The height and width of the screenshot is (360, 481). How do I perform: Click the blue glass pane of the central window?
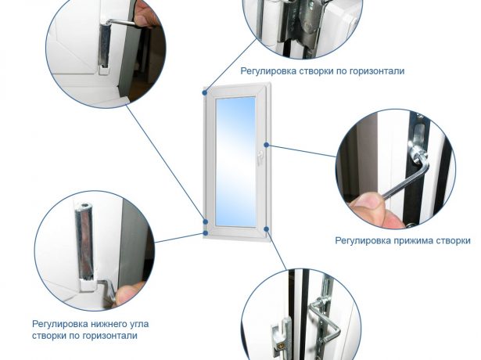coord(235,162)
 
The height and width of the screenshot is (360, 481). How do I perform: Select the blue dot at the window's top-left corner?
coord(205,92)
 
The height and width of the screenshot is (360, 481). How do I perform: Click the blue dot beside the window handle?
coord(267,145)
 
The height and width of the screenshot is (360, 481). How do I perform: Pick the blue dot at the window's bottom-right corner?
coord(266,229)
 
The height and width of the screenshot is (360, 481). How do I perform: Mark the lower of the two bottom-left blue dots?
coord(205,233)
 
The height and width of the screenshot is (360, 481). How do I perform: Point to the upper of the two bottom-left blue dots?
coord(206,221)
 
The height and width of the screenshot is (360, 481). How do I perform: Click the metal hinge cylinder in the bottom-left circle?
coord(84,242)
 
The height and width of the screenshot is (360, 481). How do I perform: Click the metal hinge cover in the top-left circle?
coord(105,45)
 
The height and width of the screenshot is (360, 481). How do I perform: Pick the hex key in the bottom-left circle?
coord(107,290)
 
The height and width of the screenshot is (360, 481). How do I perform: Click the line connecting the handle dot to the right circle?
coord(302,151)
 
